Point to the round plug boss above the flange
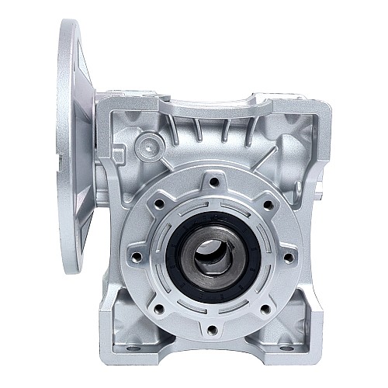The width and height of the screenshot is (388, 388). (147, 144)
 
